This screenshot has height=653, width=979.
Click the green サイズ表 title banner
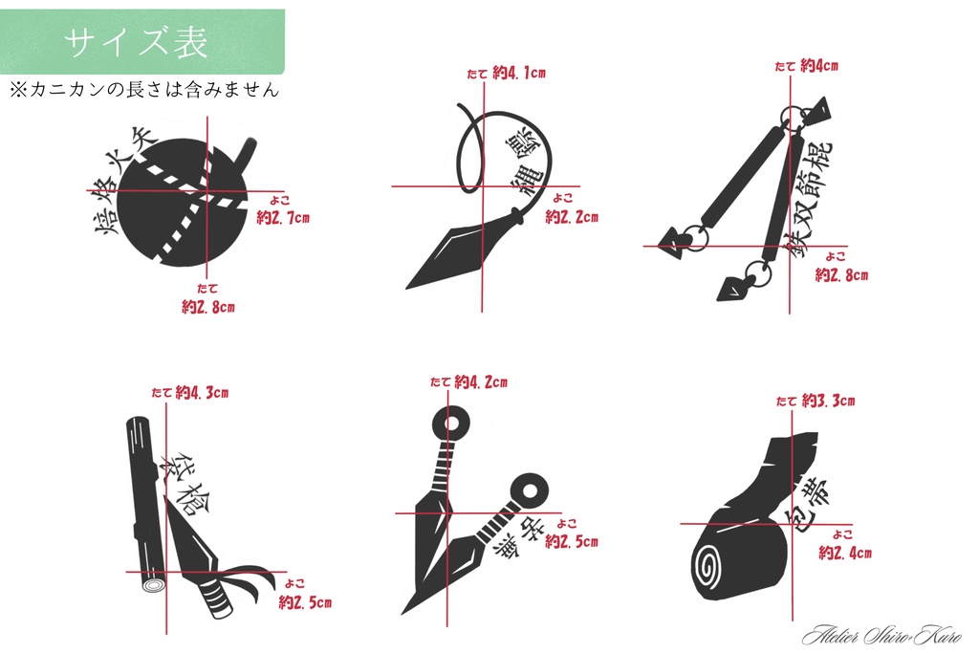(x=141, y=42)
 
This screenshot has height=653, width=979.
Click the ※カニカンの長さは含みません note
(x=143, y=90)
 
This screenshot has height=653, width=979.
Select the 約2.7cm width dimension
(x=283, y=218)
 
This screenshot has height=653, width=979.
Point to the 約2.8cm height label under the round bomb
(x=208, y=307)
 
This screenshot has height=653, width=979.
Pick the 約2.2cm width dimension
(x=572, y=217)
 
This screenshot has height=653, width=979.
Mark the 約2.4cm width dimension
(x=844, y=553)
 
